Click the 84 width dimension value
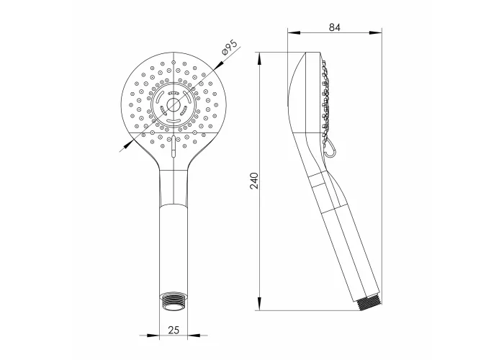335,27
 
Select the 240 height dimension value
254,181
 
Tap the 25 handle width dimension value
174,330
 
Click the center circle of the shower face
174,105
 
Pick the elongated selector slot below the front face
174,147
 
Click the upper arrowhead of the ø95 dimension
219,66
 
